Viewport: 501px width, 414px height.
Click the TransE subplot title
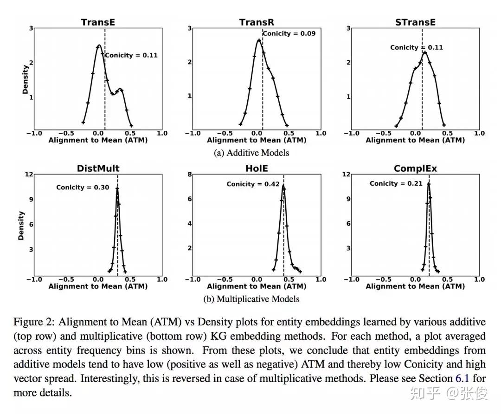tap(98, 22)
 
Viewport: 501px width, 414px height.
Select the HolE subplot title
tap(257, 168)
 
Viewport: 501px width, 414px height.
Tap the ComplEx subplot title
tap(415, 168)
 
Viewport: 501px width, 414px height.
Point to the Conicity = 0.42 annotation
tap(253, 184)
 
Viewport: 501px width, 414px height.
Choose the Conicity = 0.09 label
tap(289, 33)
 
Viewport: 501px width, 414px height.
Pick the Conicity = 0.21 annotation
tap(396, 183)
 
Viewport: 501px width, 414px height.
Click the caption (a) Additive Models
tap(251, 153)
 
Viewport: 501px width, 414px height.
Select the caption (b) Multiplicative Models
tap(251, 299)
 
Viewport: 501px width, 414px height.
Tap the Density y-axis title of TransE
tap(25, 79)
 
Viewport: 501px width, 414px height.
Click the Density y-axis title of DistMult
tap(20, 226)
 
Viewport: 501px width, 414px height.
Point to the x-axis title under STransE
tap(415, 140)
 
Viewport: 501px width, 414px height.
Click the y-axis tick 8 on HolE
tap(190, 174)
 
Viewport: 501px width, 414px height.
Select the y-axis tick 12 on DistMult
tap(29, 174)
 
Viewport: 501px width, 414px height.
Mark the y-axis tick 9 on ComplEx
tap(348, 199)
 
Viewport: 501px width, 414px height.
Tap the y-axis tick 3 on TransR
tap(190, 28)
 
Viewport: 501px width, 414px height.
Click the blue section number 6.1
tap(462, 378)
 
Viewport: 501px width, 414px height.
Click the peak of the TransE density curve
tap(99, 45)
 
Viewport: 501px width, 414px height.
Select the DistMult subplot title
tap(98, 168)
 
